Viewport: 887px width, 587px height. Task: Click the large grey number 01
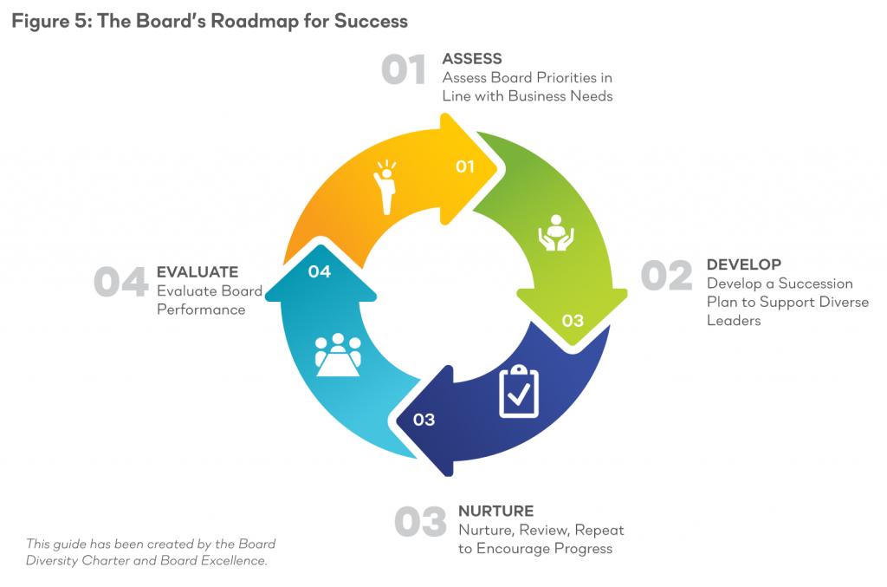coord(404,69)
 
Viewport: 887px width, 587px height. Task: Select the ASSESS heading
coord(472,59)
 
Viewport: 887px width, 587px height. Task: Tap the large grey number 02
coord(666,275)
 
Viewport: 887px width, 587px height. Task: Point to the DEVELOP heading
coord(744,264)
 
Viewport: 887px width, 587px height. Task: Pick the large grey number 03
coord(420,521)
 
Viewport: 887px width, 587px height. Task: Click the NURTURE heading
coord(496,512)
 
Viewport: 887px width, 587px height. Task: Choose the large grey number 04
coord(121,281)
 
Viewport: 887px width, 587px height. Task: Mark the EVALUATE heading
coord(197,272)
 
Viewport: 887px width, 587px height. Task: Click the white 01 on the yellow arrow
coord(465,166)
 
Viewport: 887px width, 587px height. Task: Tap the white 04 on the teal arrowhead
coord(319,271)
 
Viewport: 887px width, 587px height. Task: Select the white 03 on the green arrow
coord(573,321)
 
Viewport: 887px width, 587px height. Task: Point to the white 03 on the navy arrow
coord(424,420)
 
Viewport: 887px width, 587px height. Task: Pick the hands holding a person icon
coord(556,232)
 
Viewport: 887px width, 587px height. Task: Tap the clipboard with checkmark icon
coord(519,391)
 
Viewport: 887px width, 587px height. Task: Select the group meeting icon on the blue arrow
coord(338,355)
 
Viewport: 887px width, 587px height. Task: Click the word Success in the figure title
coord(371,21)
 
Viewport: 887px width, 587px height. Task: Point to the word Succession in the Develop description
coord(816,284)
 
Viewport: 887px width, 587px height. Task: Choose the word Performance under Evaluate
coord(201,310)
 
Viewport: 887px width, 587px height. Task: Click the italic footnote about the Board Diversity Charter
coord(151,552)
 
